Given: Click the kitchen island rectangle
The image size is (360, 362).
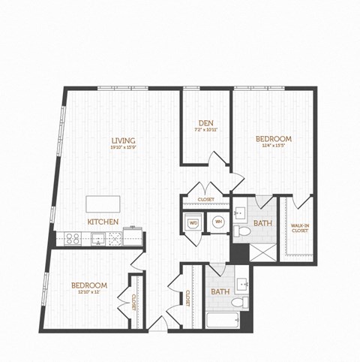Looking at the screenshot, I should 102,204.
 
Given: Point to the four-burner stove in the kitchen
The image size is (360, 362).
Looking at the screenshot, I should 73,239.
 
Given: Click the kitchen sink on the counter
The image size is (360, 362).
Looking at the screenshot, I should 97,239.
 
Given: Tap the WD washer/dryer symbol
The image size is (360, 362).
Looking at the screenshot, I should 193,223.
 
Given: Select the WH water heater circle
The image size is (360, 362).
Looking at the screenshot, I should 218,222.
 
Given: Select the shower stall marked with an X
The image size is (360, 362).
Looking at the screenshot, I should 262,251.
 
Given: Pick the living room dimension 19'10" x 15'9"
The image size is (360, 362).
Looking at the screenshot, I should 123,148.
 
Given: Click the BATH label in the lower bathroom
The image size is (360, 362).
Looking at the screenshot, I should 220,291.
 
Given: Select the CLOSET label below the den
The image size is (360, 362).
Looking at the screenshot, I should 205,199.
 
